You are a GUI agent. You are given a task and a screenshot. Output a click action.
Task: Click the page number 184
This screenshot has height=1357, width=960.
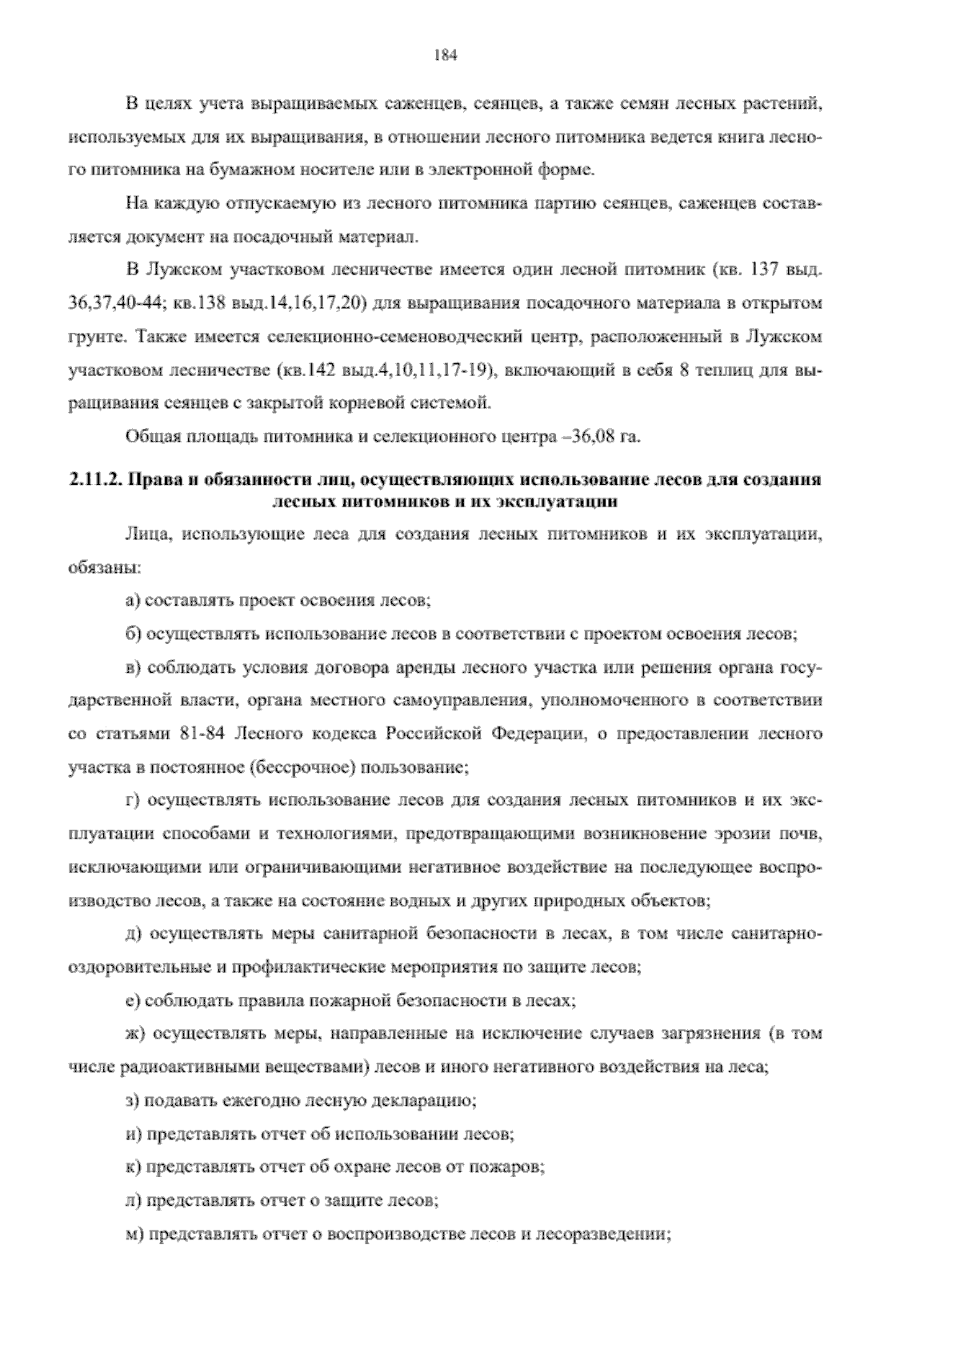(444, 55)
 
